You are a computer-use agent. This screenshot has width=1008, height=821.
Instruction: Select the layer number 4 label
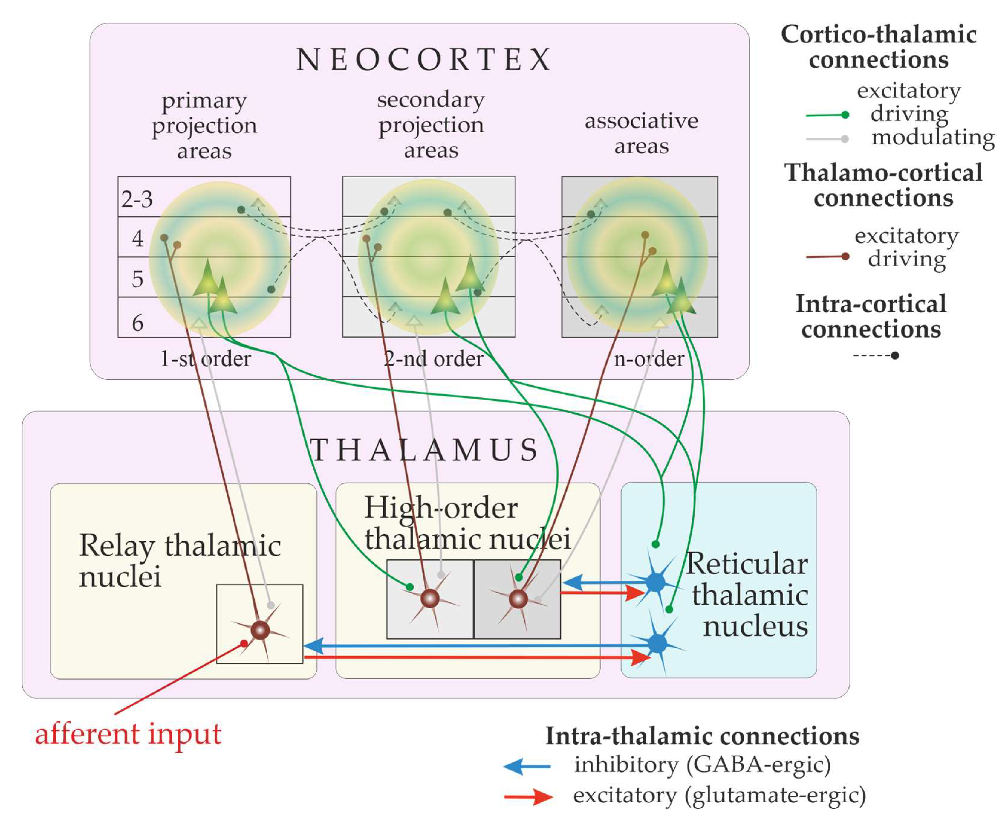137,238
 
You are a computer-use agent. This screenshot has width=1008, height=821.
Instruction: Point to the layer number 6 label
137,323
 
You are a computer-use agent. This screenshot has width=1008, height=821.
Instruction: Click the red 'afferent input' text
128,735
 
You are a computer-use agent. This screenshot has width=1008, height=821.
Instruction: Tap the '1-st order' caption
205,359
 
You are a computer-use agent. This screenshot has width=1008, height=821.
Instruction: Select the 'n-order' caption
649,359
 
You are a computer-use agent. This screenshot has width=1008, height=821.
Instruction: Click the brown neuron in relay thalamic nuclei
260,630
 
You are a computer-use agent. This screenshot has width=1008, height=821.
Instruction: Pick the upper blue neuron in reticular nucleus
655,582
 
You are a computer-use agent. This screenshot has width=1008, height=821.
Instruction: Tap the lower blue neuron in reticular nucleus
657,643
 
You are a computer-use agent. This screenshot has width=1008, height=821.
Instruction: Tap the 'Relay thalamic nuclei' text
180,560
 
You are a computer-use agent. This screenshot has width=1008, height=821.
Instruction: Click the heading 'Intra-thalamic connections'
702,736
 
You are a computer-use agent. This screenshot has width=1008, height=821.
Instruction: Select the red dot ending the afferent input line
244,643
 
